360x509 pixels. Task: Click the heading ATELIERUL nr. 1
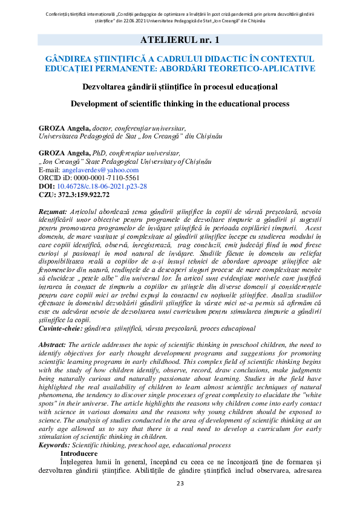[180, 40]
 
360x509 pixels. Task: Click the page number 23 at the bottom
[180, 483]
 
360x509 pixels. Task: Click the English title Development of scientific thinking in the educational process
[180, 103]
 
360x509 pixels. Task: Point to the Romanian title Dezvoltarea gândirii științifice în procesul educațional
[180, 86]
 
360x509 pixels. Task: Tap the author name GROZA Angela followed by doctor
[63, 128]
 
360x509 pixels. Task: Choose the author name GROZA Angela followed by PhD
[63, 154]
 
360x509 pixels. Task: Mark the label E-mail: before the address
[49, 170]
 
